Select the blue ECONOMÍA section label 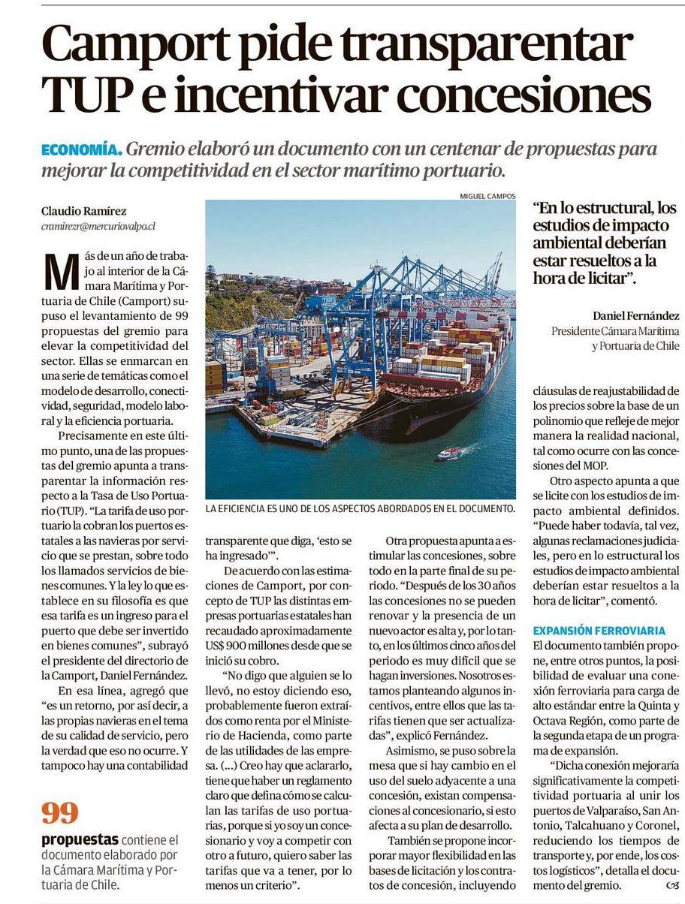click(81, 149)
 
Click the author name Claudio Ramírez click(79, 212)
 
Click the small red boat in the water click(449, 453)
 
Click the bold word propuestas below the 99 click(80, 839)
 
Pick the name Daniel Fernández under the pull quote click(635, 316)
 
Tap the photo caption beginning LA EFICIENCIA click(361, 508)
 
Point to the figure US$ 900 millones click(252, 645)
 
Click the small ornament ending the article click(671, 885)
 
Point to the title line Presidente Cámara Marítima click(615, 330)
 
